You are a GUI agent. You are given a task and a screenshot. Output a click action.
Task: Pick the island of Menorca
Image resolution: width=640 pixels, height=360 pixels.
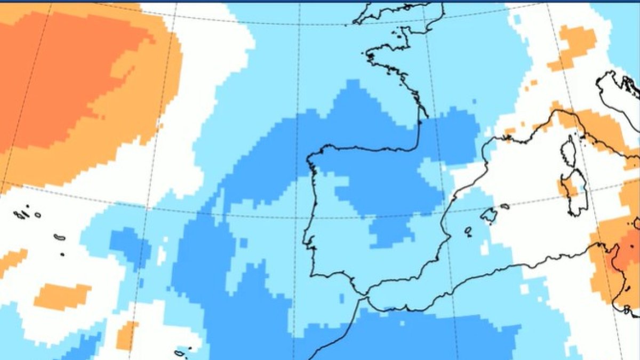coord(505,206)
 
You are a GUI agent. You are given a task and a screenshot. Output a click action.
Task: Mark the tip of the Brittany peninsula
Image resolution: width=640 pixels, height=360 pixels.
coord(368,55)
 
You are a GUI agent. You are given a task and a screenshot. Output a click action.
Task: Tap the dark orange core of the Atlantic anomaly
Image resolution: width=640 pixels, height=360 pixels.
coord(59,80)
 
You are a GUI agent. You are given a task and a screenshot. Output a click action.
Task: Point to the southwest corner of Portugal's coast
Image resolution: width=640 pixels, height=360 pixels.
coord(313,274)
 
